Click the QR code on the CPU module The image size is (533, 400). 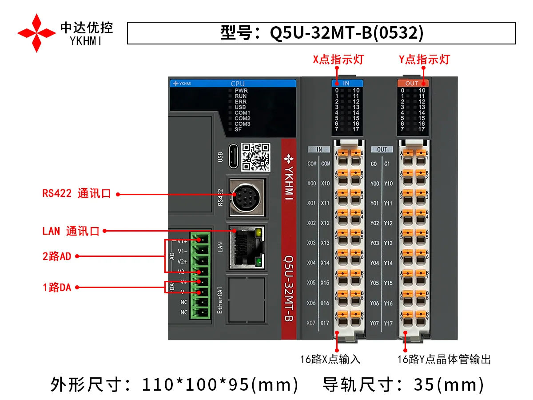click(255, 157)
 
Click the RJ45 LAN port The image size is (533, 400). click(246, 248)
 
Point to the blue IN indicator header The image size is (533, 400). click(347, 83)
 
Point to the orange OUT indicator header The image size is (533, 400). click(412, 83)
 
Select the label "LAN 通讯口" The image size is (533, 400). click(71, 231)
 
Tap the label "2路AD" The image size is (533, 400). click(57, 256)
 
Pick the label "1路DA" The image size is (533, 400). click(57, 288)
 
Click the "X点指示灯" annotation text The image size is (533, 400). click(338, 60)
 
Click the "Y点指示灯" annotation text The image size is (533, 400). click(424, 60)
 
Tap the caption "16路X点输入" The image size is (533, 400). click(330, 359)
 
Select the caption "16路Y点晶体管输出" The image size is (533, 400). click(444, 359)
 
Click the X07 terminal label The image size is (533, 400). click(311, 323)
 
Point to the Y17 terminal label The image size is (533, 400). click(388, 323)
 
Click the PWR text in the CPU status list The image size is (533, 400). click(241, 91)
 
